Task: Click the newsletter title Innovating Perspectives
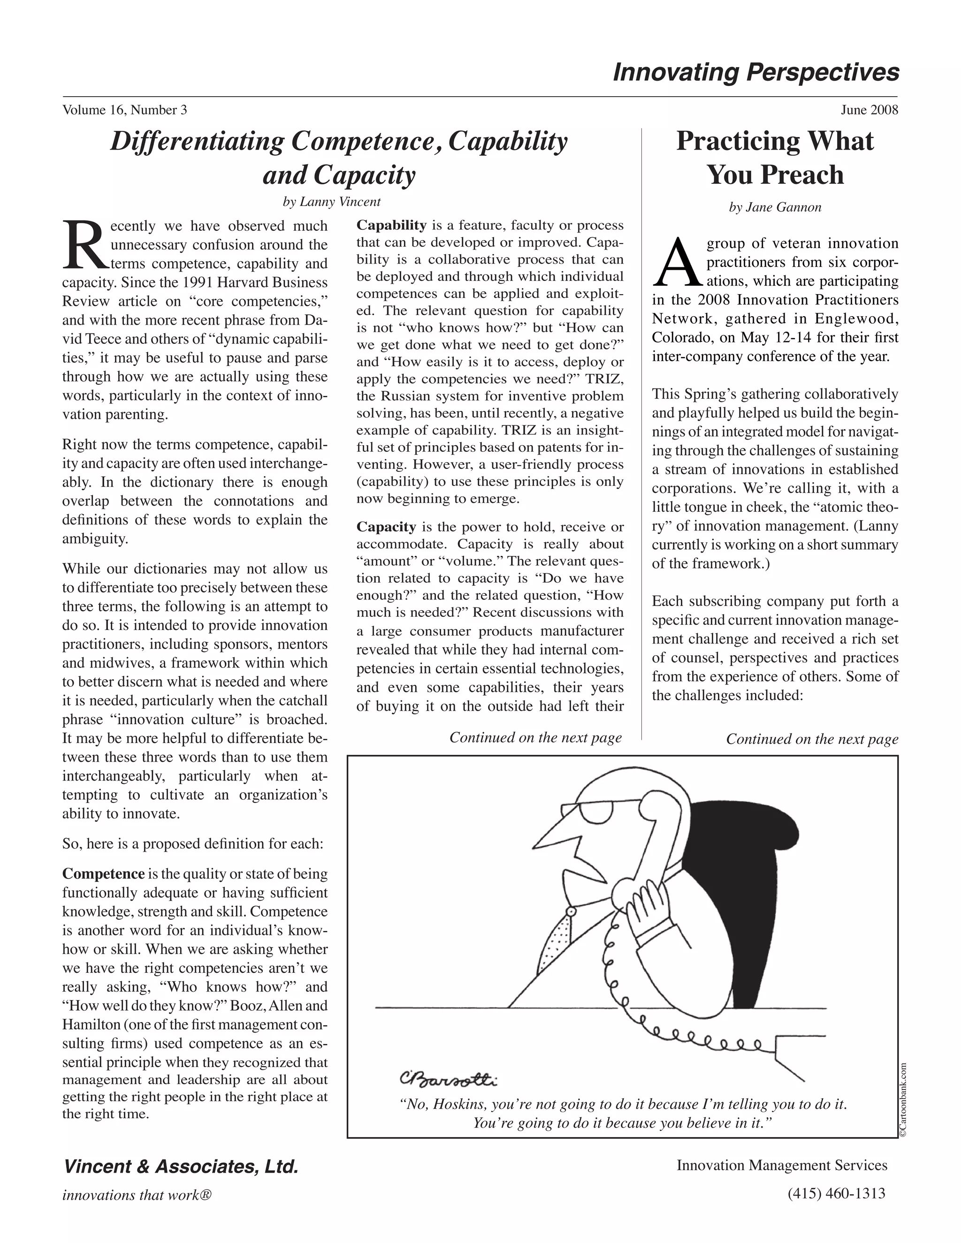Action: pos(755,73)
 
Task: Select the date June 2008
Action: pos(869,110)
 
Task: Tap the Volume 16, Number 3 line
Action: pos(125,110)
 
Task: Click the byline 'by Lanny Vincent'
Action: pos(331,202)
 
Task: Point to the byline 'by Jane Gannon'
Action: pos(775,208)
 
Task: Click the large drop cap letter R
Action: pos(85,245)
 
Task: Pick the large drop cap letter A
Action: pos(677,264)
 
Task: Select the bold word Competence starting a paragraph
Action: pos(103,874)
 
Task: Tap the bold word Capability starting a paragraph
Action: pos(391,225)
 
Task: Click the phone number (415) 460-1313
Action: pos(836,1193)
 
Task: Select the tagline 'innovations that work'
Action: pos(137,1195)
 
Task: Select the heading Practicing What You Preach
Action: pos(774,158)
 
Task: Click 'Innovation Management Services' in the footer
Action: pos(781,1166)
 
